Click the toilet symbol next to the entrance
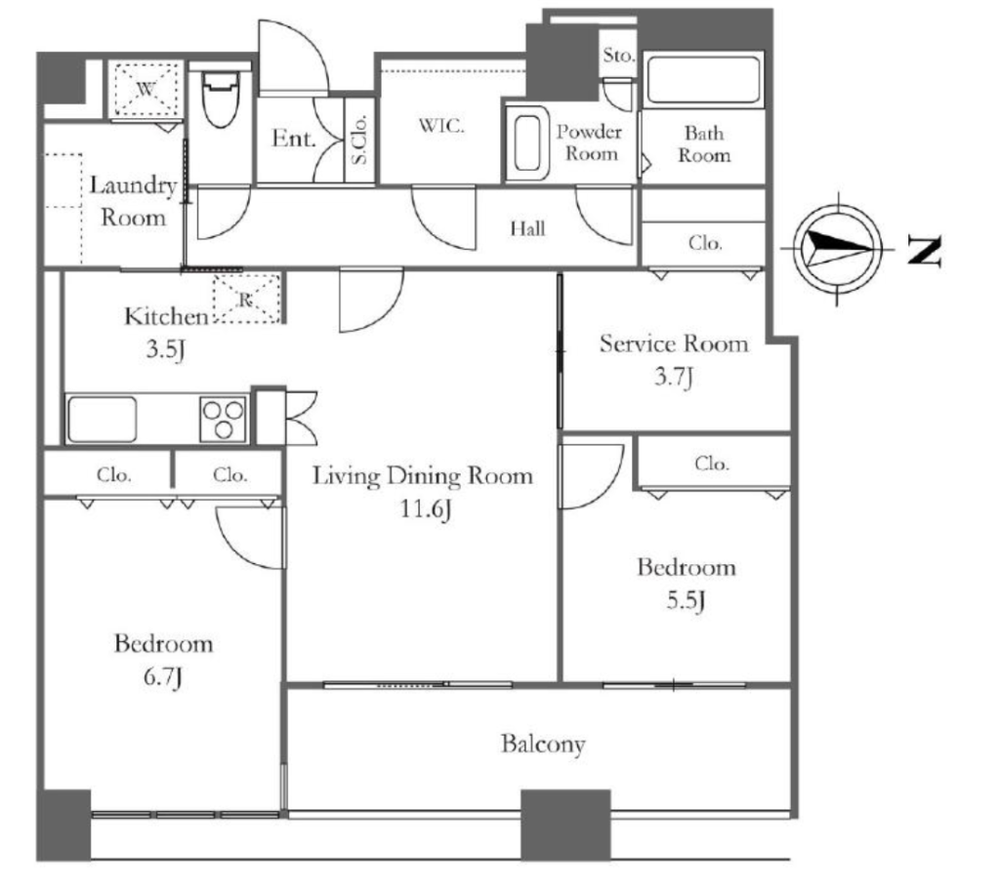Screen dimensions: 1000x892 221,98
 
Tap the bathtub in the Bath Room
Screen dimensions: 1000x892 703,80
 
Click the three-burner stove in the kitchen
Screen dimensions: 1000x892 224,420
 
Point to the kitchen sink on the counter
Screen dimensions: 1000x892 102,420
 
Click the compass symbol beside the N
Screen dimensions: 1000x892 837,249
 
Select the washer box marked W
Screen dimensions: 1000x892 146,90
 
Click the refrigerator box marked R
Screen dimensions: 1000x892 247,299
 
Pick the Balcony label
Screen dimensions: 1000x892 543,745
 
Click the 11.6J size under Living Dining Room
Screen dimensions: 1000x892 426,509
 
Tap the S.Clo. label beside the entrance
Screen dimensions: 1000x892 359,140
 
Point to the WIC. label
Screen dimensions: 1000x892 441,126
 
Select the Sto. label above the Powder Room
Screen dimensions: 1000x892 619,56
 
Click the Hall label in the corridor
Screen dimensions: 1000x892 527,228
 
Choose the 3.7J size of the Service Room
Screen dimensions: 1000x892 674,377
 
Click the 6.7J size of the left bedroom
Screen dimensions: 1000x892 163,676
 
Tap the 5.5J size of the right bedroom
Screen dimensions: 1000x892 686,601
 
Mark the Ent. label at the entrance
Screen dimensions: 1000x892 294,139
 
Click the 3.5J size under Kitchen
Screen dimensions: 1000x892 166,349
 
